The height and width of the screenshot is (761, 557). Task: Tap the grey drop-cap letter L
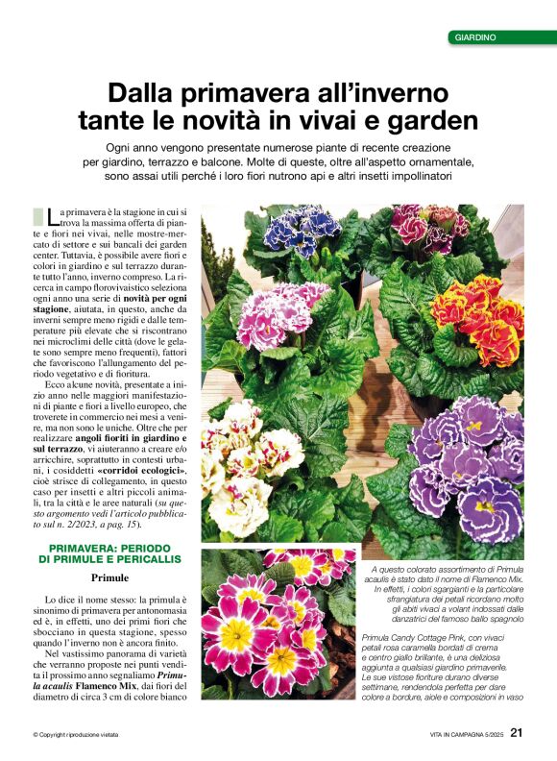(x=39, y=217)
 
